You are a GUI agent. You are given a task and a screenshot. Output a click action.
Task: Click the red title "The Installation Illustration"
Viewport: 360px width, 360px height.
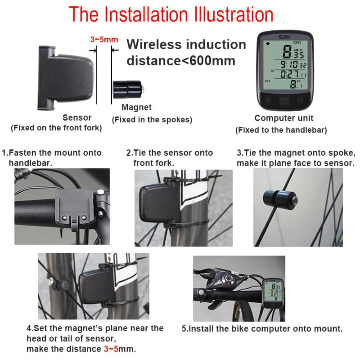click(171, 14)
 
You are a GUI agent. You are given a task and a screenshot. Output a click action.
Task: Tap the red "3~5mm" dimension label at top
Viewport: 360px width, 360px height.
click(104, 39)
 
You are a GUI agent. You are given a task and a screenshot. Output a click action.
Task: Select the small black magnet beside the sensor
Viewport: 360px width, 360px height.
click(128, 89)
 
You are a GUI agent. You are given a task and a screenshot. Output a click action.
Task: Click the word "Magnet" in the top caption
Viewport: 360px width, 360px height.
click(137, 108)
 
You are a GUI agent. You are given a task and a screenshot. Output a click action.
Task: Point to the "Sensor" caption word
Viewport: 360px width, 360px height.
click(77, 117)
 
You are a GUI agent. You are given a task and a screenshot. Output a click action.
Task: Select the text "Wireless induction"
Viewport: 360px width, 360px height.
click(186, 45)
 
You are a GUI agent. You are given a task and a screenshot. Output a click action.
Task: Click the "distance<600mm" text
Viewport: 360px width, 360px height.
click(181, 61)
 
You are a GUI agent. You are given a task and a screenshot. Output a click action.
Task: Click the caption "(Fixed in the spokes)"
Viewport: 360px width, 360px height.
click(152, 120)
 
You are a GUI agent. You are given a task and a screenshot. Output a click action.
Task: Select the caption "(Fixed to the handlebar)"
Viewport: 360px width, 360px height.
click(281, 130)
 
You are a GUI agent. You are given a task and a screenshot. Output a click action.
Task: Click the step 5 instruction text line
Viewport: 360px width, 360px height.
click(262, 329)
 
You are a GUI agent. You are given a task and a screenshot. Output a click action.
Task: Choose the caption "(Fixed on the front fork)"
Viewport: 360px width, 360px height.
click(56, 128)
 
